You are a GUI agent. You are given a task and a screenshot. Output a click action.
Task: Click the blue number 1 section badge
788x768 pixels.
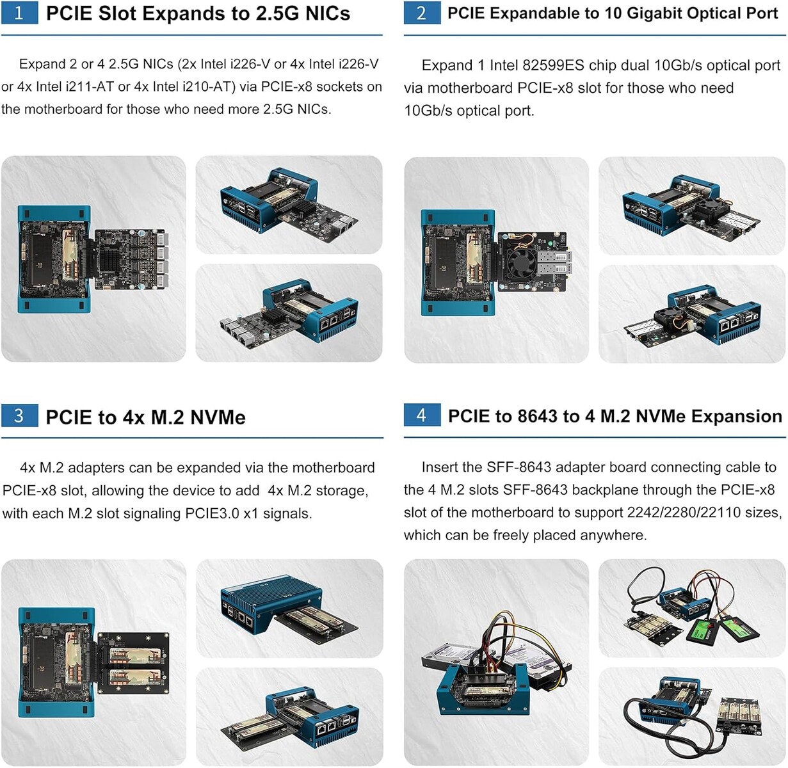19,13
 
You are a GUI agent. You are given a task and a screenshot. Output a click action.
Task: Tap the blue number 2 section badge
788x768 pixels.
422,13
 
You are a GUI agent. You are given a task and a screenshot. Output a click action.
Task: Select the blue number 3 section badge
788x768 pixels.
19,415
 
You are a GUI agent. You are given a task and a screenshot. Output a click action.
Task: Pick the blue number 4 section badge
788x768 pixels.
422,415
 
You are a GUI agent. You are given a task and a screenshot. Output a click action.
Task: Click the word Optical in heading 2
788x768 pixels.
720,14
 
